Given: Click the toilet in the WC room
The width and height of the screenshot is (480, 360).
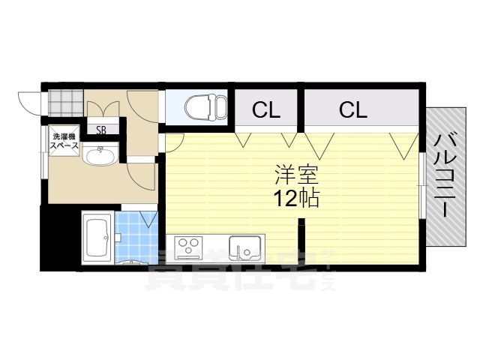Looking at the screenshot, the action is [x=205, y=107].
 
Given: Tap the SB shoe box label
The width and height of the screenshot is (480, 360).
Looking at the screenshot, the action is [x=101, y=130].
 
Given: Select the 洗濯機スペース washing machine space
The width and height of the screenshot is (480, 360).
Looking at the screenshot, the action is [x=64, y=141].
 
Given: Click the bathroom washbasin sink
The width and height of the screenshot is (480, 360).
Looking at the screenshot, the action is [x=100, y=155].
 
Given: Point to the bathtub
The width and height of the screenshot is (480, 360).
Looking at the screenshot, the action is [x=97, y=236].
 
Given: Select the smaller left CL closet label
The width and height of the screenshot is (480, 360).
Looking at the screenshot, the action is [x=266, y=110].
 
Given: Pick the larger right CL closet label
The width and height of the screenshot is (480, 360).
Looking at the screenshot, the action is [x=353, y=110].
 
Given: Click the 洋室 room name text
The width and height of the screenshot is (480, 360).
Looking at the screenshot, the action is [x=297, y=175].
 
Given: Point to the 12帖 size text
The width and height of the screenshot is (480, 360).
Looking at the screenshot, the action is [x=296, y=198].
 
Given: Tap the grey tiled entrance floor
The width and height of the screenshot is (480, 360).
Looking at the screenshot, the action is [x=66, y=103].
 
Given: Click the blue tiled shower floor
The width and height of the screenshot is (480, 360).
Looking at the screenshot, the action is [x=136, y=237].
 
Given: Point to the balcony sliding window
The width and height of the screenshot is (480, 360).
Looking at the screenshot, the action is [x=423, y=185].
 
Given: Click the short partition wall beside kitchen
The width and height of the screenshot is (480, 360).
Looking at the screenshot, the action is [x=301, y=241].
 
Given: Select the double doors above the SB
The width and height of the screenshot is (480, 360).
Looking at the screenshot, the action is [x=103, y=109].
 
